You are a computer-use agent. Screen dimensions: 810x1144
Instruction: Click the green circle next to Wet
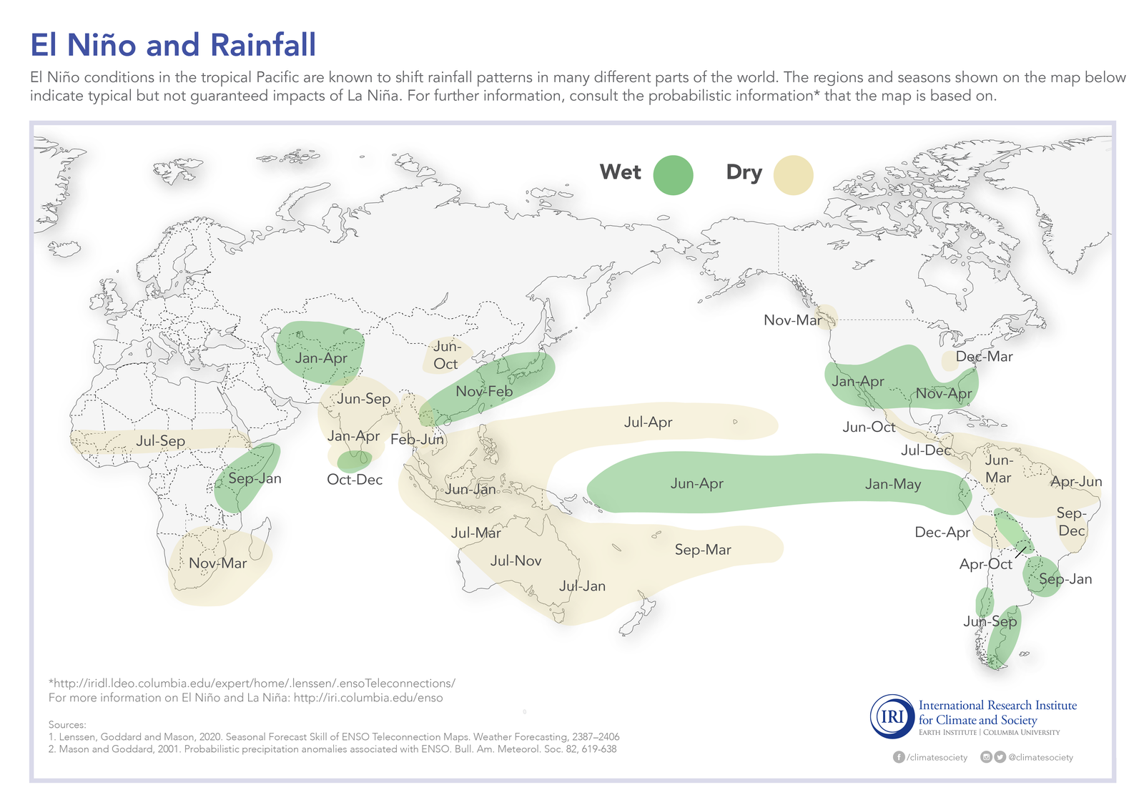click(673, 175)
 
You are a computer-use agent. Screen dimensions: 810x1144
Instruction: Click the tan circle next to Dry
click(794, 175)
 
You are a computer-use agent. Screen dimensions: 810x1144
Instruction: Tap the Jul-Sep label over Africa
click(160, 441)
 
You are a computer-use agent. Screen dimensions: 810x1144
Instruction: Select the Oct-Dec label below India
click(355, 480)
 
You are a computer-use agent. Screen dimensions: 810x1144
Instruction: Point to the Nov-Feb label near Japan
click(484, 392)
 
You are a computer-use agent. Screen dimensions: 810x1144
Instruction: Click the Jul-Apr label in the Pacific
click(648, 423)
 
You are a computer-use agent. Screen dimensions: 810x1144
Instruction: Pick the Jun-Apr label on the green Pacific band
click(696, 484)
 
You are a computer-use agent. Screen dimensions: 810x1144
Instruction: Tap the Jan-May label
click(893, 484)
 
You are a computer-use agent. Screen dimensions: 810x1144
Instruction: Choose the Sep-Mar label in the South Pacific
click(703, 550)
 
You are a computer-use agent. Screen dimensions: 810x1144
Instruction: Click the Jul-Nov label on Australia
click(516, 561)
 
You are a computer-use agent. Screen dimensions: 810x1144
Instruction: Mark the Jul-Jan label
click(582, 586)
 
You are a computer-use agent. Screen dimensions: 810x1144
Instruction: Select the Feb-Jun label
click(418, 440)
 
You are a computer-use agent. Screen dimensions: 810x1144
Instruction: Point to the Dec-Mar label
click(984, 357)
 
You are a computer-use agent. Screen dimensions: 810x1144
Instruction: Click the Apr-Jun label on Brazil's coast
click(1076, 482)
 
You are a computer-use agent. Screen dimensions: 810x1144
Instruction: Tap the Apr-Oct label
click(985, 564)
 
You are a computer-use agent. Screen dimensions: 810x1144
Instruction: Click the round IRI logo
click(891, 716)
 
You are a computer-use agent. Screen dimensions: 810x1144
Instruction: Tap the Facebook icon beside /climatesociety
click(899, 757)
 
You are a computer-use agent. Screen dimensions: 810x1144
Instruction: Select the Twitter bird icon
click(1000, 757)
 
